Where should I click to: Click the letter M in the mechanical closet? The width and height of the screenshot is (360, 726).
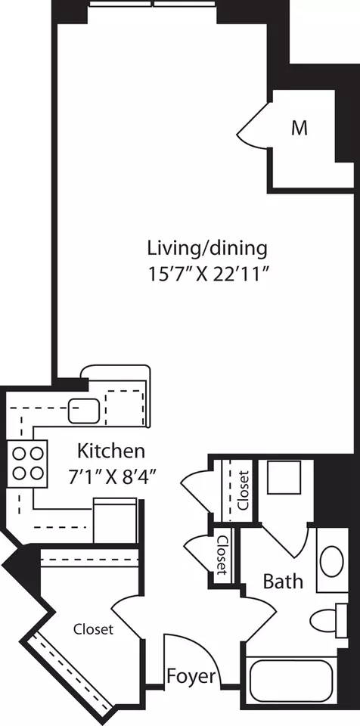300,129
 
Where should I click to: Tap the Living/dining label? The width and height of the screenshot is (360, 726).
207,247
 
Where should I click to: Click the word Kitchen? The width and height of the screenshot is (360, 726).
110,452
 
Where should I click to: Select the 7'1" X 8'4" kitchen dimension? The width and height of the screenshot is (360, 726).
110,476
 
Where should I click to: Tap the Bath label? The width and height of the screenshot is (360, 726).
283,582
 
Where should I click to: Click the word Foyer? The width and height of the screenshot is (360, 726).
191,676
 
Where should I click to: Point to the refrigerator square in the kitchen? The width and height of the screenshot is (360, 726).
114,520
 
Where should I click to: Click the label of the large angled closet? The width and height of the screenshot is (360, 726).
93,629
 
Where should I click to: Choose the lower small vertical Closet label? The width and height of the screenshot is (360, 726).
222,556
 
